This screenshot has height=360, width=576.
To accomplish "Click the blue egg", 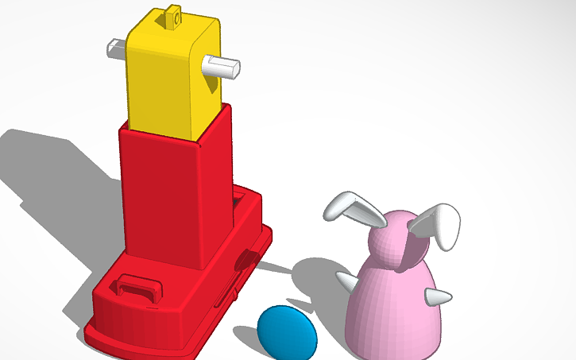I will tap(287, 331).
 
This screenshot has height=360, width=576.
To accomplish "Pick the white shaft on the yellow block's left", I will tap(116, 50).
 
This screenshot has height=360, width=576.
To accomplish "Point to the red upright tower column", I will tap(171, 199).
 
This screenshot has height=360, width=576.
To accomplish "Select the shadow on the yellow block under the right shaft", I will tap(211, 87).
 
